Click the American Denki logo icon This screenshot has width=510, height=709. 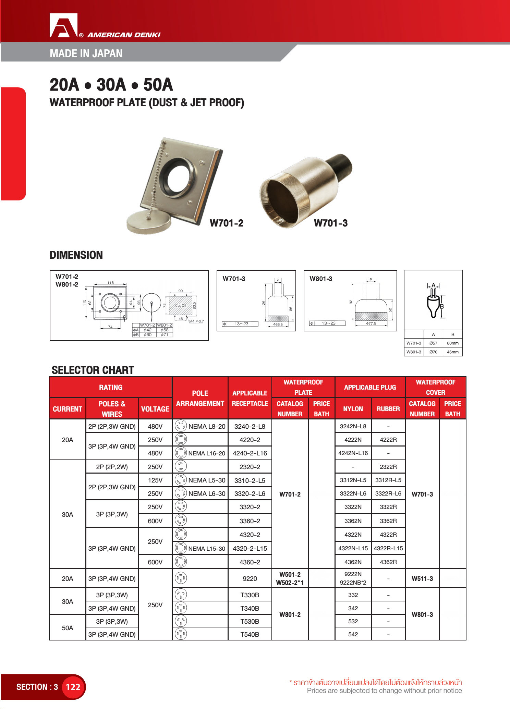tap(64, 26)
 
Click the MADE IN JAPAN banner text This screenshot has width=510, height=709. tap(86, 53)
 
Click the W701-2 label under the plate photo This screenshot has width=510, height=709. tap(227, 223)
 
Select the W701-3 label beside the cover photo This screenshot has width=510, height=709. tap(331, 223)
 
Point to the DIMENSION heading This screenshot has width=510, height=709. tap(76, 255)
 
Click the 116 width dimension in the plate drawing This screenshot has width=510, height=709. tap(110, 283)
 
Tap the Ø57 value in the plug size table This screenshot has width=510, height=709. tap(433, 343)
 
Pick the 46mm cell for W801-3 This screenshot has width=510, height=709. tap(452, 352)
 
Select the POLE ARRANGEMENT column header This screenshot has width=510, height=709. tap(200, 398)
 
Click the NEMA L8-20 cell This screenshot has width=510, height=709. tap(207, 427)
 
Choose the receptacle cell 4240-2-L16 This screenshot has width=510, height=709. tap(250, 453)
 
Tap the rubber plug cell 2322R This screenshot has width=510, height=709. tap(388, 467)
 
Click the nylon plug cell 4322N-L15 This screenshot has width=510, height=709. tap(353, 548)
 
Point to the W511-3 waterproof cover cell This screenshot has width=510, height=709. tap(422, 578)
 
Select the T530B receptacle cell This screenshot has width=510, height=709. tap(250, 621)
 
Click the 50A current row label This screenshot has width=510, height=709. tap(68, 628)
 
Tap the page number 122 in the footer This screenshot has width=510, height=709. tap(73, 687)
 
